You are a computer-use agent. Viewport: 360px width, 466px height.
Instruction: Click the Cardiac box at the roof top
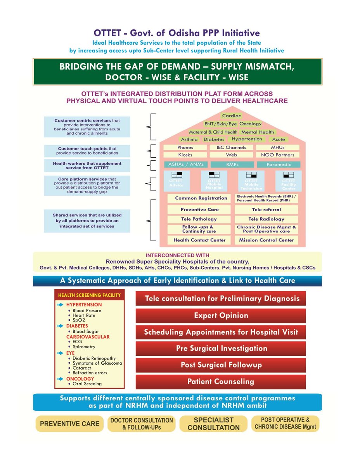pyautogui.click(x=232, y=116)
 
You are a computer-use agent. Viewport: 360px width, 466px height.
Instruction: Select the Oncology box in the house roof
pyautogui.click(x=251, y=124)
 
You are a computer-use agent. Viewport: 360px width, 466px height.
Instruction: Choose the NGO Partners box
pyautogui.click(x=277, y=155)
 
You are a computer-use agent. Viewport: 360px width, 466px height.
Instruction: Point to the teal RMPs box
pyautogui.click(x=232, y=165)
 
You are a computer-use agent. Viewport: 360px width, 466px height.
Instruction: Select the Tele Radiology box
pyautogui.click(x=266, y=219)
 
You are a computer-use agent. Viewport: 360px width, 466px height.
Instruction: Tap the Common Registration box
pyautogui.click(x=201, y=198)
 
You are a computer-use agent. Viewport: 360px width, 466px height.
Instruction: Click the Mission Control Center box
pyautogui.click(x=266, y=240)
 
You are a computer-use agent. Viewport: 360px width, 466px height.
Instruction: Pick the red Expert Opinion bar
pyautogui.click(x=221, y=315)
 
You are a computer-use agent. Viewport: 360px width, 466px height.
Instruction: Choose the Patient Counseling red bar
pyautogui.click(x=221, y=382)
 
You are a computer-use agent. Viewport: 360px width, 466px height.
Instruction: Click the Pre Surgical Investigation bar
pyautogui.click(x=221, y=348)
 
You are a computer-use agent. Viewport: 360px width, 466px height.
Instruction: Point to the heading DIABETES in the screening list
pyautogui.click(x=77, y=326)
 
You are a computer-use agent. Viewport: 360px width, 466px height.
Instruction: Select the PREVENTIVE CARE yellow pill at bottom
pyautogui.click(x=70, y=424)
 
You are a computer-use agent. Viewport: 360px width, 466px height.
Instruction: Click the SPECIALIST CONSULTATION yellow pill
pyautogui.click(x=213, y=424)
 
